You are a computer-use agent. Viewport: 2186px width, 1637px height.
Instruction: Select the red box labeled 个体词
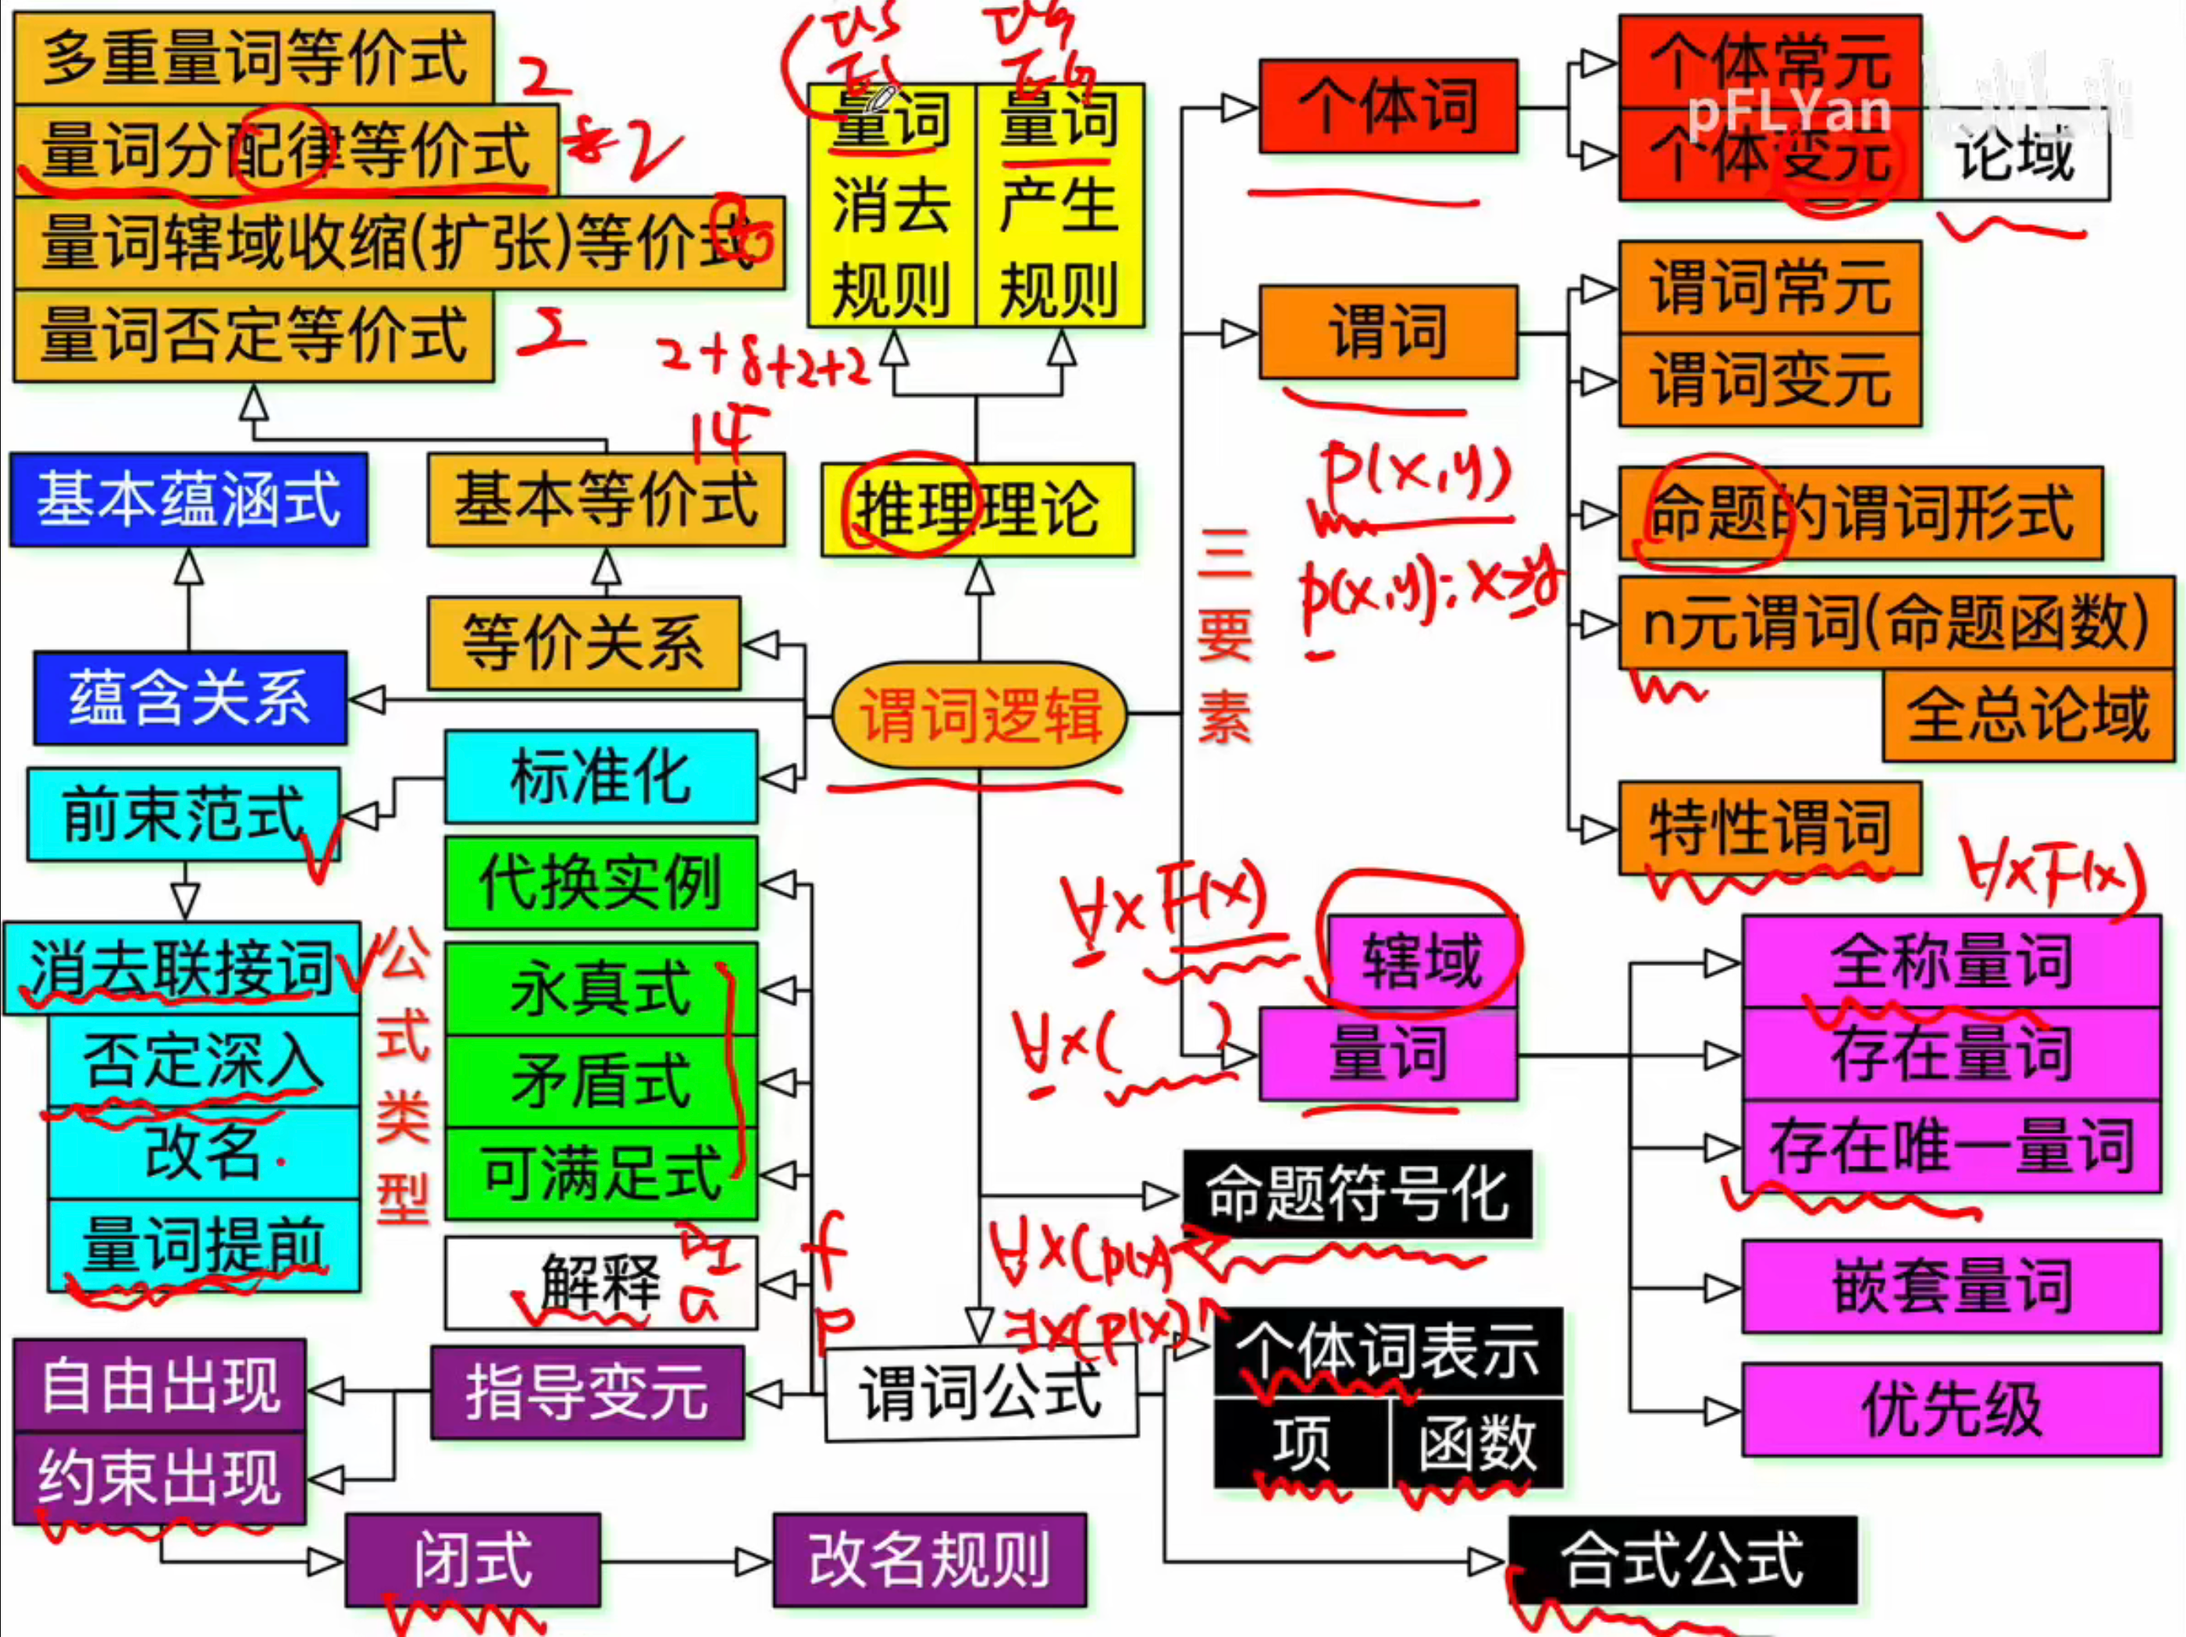pos(1387,105)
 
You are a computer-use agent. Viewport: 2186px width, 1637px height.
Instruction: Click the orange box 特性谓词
pos(1769,828)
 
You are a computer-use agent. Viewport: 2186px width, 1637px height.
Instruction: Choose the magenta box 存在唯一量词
pos(1952,1146)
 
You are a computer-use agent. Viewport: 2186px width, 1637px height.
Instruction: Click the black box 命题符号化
pos(1357,1194)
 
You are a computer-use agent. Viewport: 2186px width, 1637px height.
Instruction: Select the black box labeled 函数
pos(1476,1443)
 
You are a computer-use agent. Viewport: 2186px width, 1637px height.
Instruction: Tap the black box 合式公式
pos(1682,1560)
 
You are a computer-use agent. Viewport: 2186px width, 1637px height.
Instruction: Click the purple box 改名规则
pos(929,1560)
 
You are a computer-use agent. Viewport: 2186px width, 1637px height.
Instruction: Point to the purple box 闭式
pos(472,1560)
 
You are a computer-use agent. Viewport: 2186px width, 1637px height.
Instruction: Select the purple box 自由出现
pos(160,1385)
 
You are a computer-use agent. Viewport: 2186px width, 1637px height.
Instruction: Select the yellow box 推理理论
pos(977,510)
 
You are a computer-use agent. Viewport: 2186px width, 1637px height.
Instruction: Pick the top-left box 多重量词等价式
pos(254,57)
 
